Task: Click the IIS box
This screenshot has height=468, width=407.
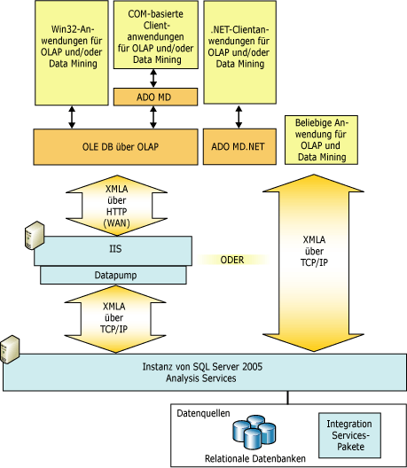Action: [114, 250]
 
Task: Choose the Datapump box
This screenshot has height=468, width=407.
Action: [114, 276]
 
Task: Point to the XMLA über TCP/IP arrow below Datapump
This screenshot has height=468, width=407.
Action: [114, 316]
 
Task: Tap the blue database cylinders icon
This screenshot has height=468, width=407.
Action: [255, 433]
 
